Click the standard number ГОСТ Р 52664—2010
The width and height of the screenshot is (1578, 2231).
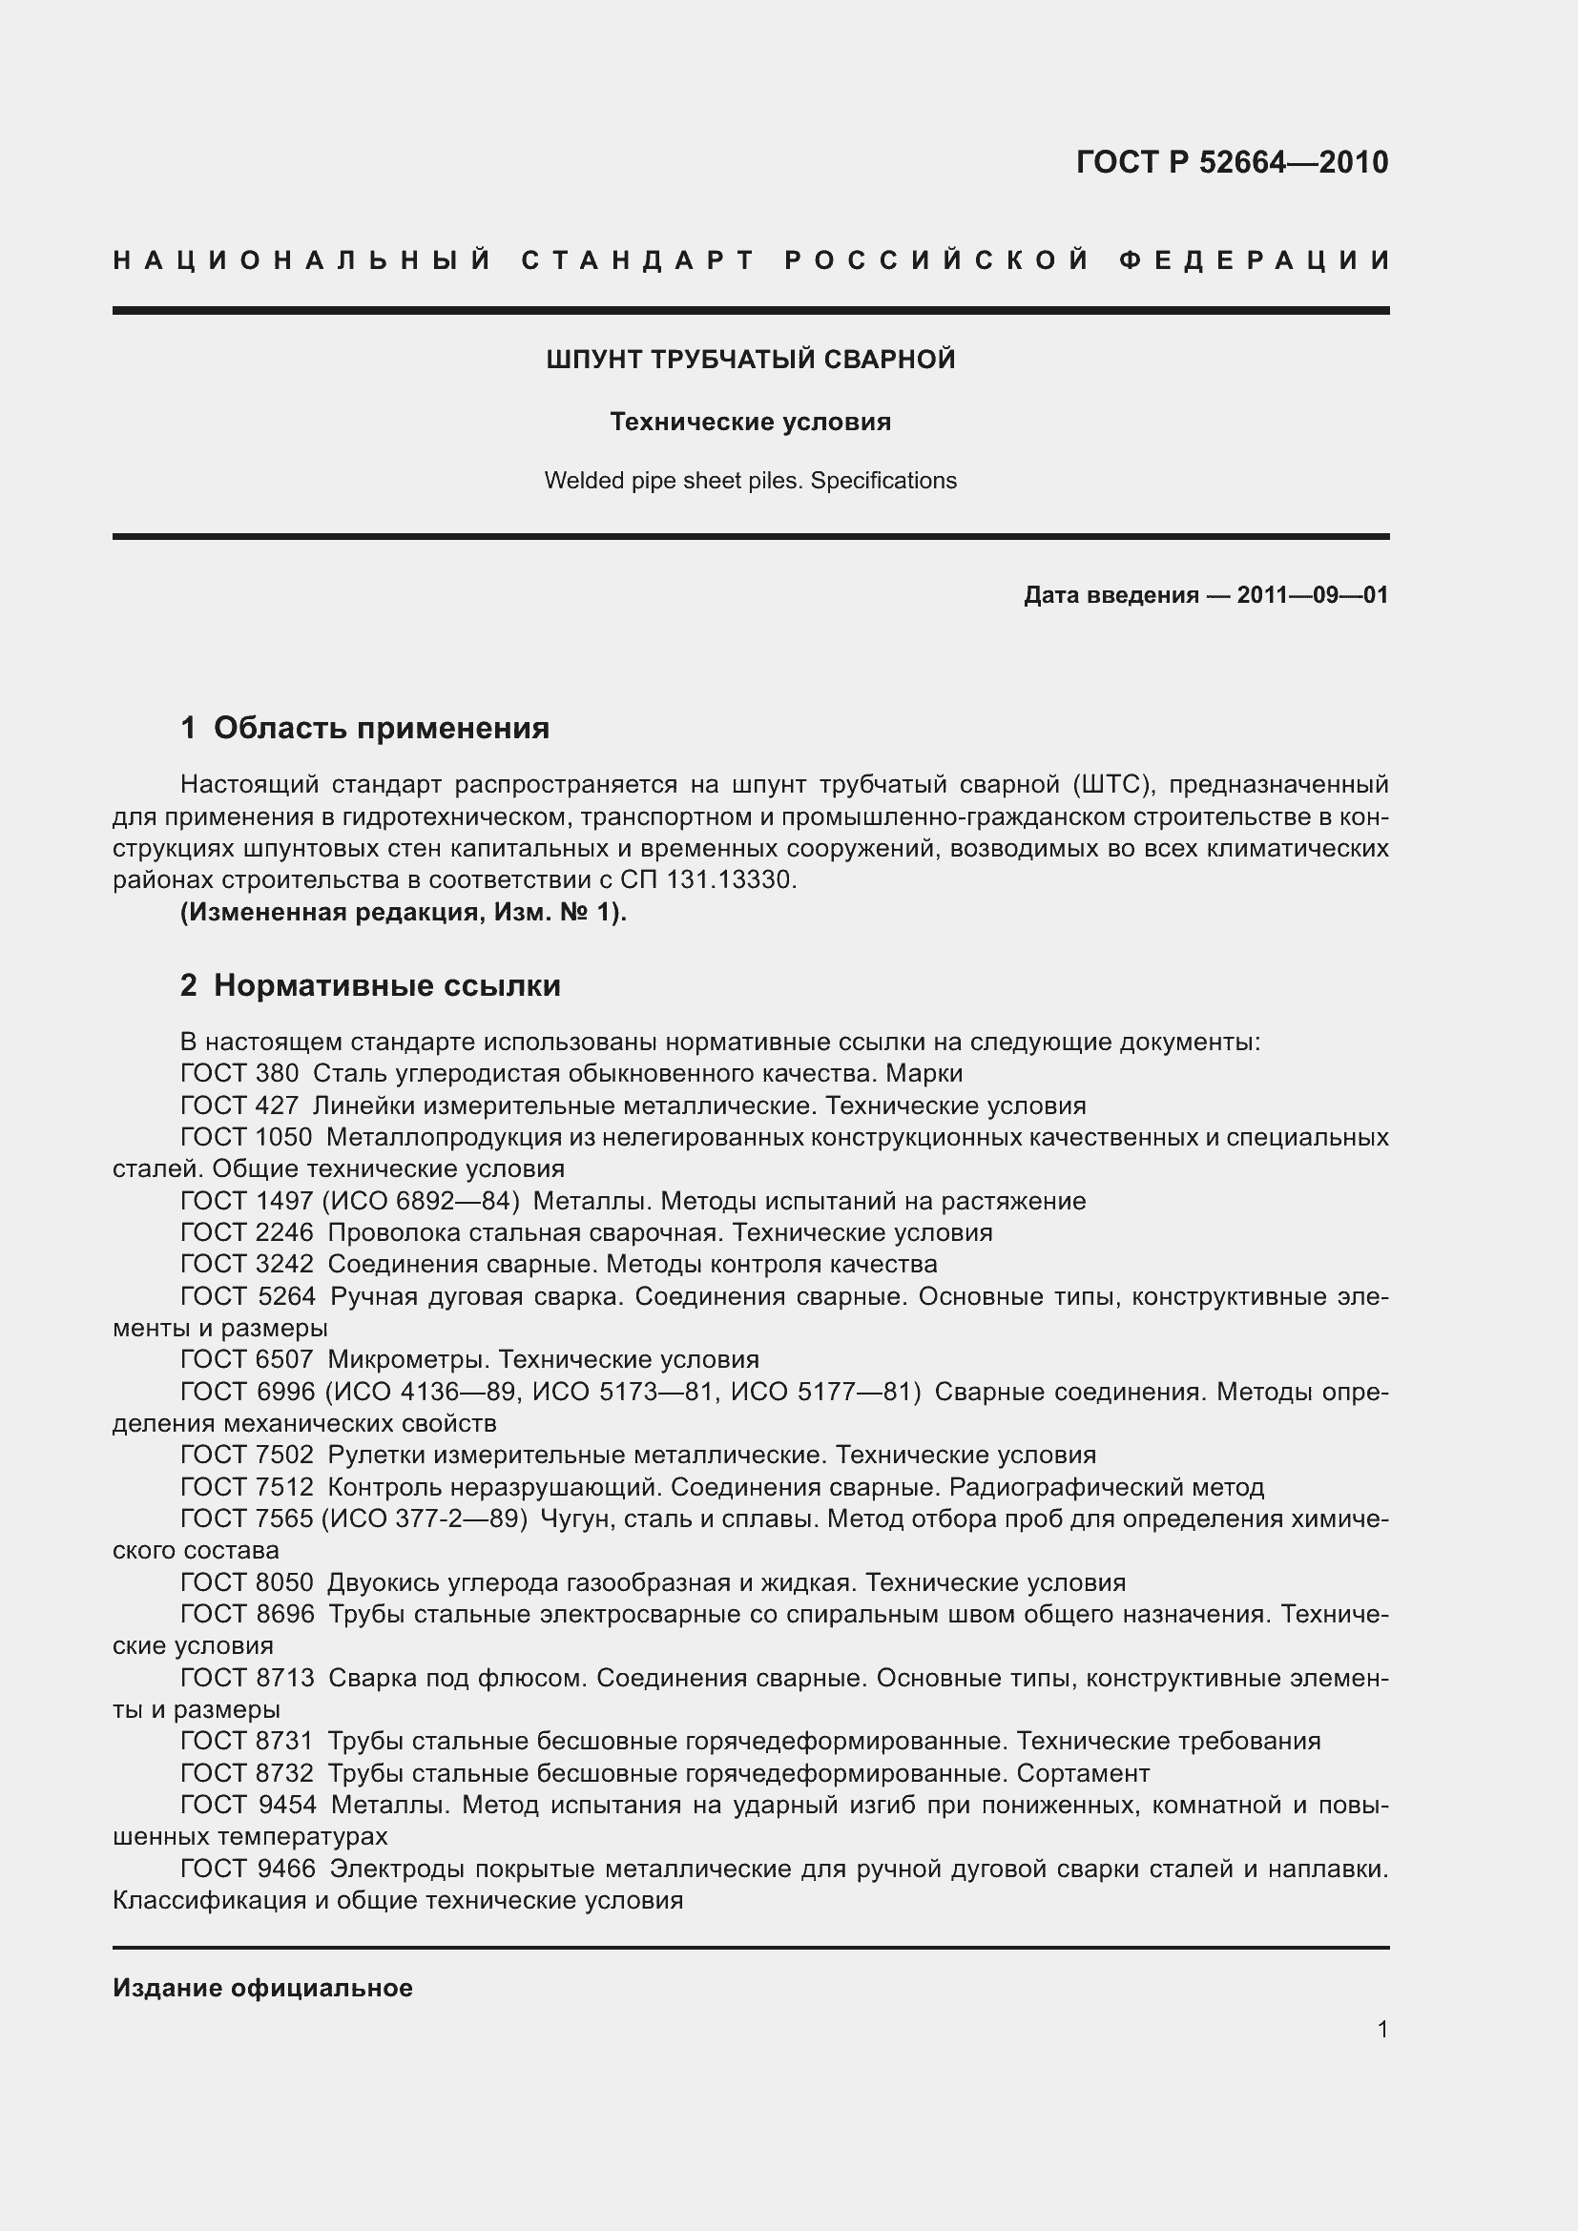[1231, 162]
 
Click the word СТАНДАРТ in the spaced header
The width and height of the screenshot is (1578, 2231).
[638, 260]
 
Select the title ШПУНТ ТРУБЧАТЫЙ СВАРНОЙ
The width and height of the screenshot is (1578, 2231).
[750, 360]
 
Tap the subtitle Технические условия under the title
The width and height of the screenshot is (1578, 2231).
[750, 422]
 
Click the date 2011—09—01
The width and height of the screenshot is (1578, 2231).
[1312, 594]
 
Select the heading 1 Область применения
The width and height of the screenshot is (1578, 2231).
[364, 728]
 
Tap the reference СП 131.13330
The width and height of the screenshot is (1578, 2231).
[707, 880]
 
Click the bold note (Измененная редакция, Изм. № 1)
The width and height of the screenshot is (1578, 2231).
[404, 913]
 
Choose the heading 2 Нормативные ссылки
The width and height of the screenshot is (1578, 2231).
[370, 985]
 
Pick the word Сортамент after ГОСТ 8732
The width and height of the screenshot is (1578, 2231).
[1083, 1773]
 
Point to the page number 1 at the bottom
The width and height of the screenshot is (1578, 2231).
[1381, 2029]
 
